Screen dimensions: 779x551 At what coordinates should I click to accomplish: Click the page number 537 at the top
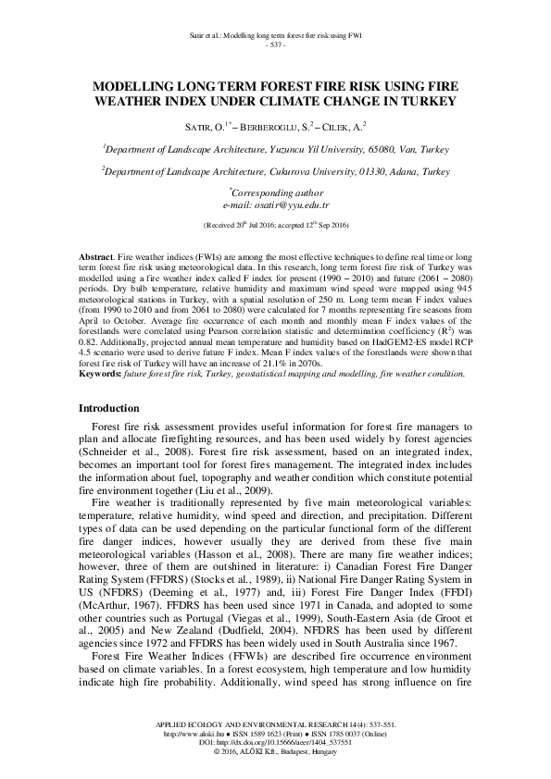pos(275,44)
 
